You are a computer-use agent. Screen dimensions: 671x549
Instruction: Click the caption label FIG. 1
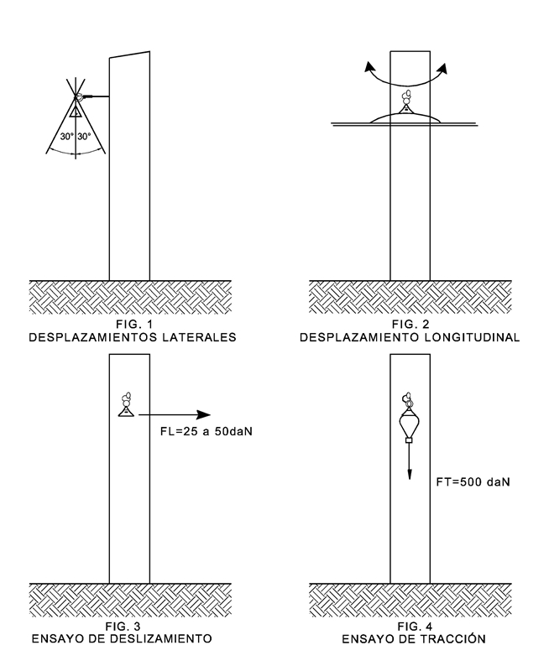(129, 325)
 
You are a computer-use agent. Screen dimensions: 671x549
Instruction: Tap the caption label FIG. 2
(411, 325)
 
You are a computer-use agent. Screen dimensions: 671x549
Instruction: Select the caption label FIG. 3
(129, 627)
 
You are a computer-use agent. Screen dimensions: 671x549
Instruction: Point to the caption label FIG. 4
(411, 627)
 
